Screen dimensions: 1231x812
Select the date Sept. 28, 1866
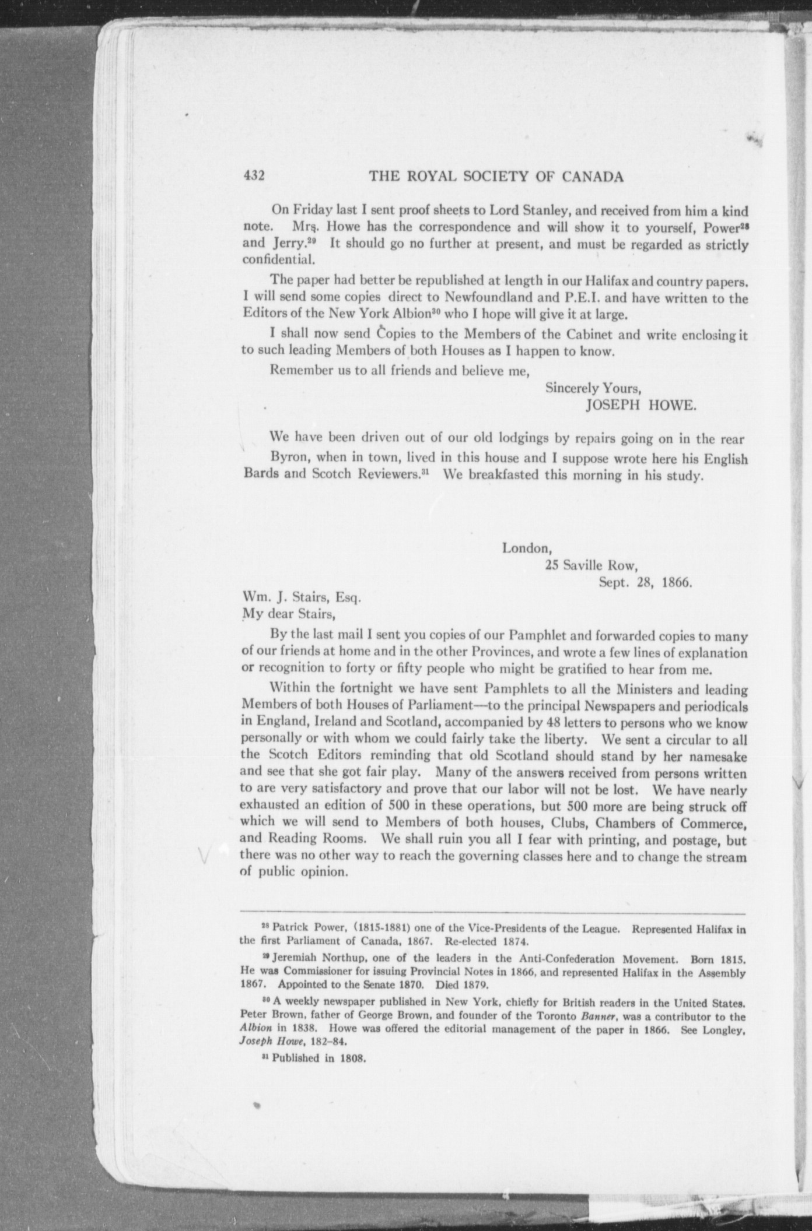pyautogui.click(x=645, y=582)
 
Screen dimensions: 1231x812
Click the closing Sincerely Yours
pyautogui.click(x=593, y=388)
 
